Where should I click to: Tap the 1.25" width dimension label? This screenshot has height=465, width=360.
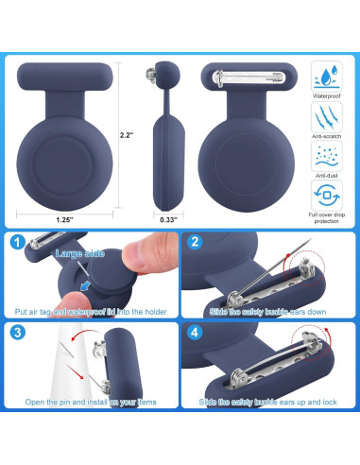click(65, 220)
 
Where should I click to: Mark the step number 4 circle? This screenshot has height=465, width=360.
click(194, 332)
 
